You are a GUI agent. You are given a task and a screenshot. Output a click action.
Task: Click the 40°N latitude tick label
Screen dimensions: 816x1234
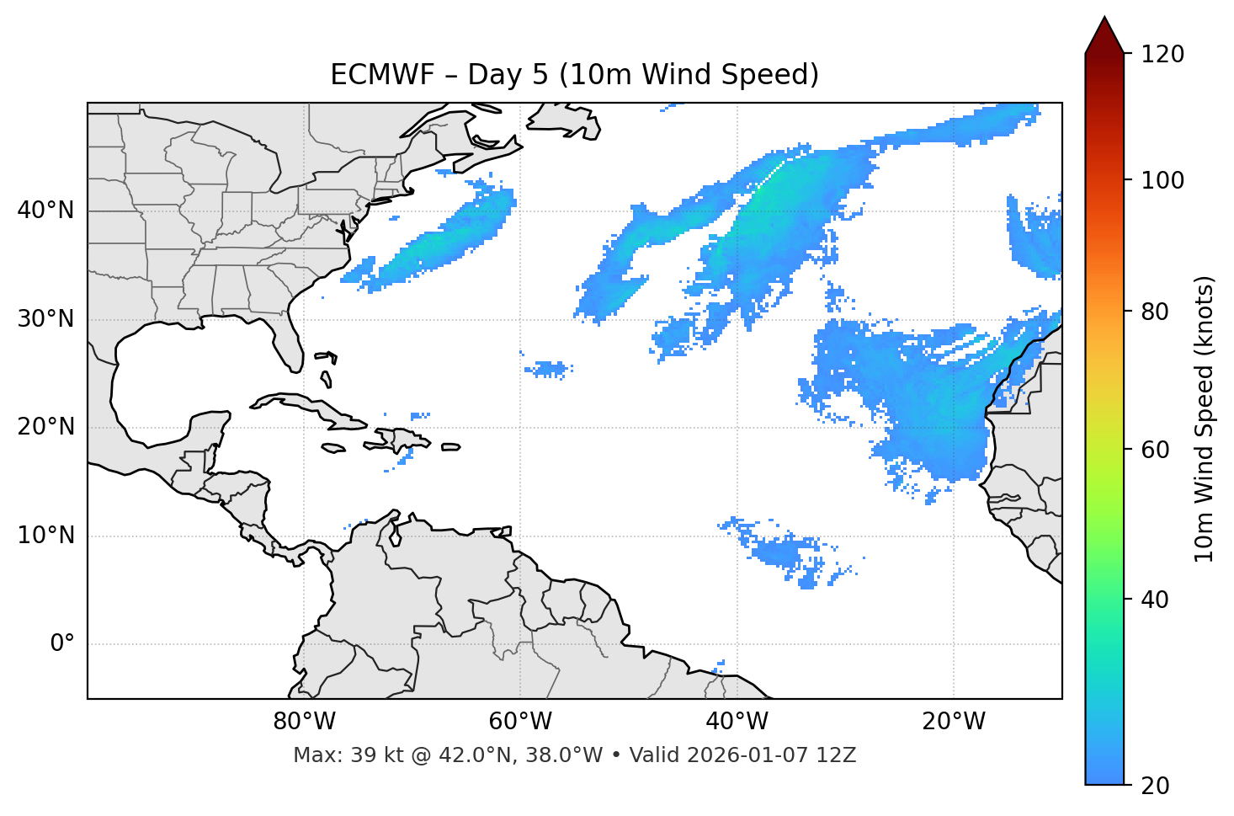tap(45, 211)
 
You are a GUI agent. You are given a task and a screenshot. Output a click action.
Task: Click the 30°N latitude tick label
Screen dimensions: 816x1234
tap(45, 319)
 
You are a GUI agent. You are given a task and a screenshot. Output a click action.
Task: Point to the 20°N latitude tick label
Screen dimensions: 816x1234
tap(45, 427)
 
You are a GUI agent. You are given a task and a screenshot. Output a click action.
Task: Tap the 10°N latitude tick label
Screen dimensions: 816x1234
tap(45, 536)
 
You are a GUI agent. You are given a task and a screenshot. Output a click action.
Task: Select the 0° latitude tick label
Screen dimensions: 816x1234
tap(62, 644)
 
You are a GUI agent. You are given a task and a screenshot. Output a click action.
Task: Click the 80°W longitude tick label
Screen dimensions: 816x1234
tap(304, 722)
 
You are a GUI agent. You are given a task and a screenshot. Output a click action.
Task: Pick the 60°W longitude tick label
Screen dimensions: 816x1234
tap(520, 722)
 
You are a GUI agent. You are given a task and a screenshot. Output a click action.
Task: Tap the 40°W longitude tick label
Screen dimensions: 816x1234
tap(737, 722)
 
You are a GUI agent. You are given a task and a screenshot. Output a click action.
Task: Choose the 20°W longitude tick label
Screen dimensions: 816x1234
tap(954, 722)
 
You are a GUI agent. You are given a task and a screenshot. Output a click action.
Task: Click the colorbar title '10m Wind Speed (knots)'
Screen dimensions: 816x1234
tap(1205, 419)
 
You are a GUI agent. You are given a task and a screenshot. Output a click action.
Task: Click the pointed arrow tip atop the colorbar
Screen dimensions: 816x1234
tap(1104, 19)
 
